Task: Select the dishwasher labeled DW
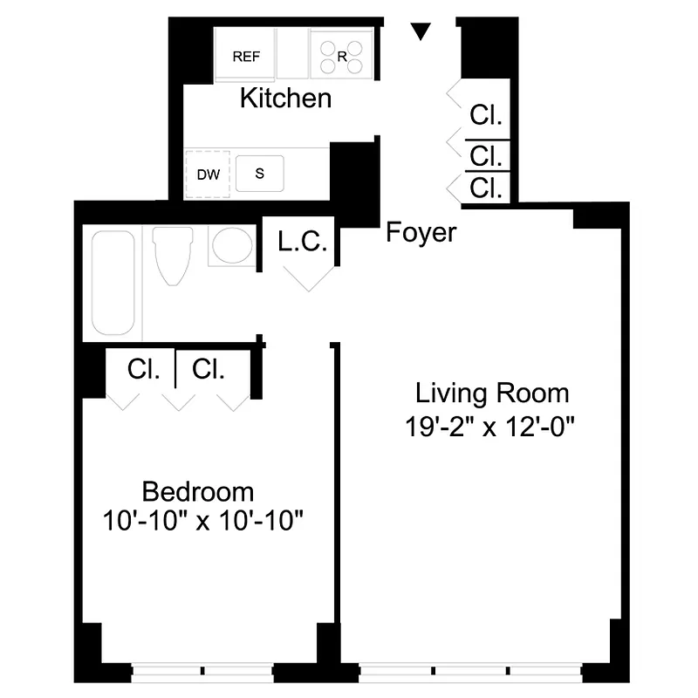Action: click(208, 174)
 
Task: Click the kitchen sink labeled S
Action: click(259, 173)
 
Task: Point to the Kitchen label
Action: click(285, 98)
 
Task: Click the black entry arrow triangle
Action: click(421, 32)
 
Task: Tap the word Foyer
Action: click(421, 232)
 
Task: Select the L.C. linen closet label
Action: click(303, 242)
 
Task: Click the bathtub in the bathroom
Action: click(113, 283)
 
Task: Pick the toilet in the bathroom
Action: click(171, 254)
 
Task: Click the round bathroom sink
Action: click(231, 247)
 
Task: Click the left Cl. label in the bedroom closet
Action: click(143, 369)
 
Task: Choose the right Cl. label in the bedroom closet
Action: click(209, 369)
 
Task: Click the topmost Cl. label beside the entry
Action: click(486, 115)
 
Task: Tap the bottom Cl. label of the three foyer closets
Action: click(486, 188)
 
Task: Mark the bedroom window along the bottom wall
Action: click(202, 672)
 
